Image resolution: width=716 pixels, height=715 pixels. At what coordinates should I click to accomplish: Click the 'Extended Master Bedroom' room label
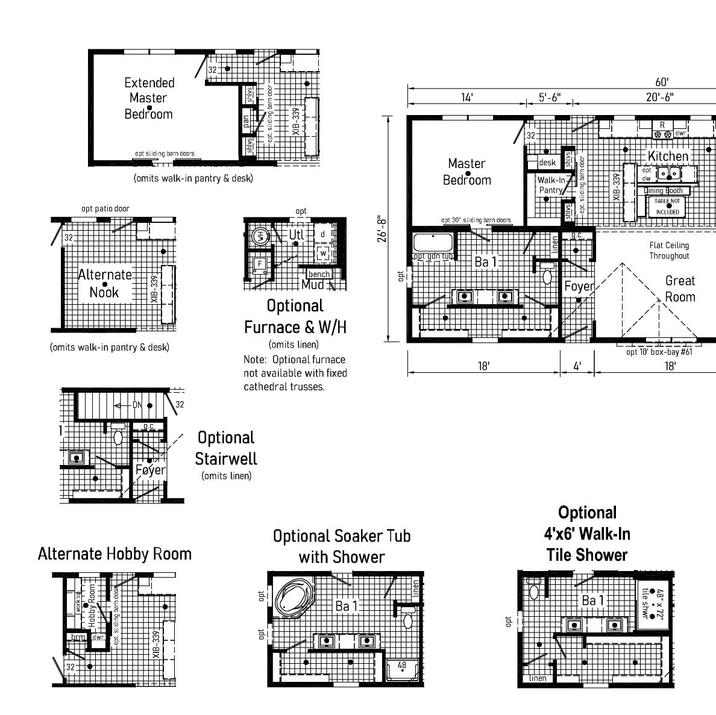[149, 98]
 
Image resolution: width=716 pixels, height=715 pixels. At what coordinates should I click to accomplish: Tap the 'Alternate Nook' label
[105, 284]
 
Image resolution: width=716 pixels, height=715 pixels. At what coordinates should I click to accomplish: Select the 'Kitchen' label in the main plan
[668, 157]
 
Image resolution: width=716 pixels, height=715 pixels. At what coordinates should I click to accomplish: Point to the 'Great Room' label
[680, 289]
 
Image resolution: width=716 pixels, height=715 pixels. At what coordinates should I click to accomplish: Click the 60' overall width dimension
[662, 83]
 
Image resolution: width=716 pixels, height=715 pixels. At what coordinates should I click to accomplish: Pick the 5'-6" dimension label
[550, 98]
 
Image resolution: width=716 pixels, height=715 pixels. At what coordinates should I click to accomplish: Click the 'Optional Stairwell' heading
[226, 448]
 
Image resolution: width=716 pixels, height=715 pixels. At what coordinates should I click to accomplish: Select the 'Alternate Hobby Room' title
[115, 554]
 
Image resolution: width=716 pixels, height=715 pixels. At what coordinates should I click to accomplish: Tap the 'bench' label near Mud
[319, 275]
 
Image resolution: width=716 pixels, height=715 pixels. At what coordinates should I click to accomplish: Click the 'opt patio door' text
[105, 209]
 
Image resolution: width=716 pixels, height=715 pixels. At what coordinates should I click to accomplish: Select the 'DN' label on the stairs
[137, 405]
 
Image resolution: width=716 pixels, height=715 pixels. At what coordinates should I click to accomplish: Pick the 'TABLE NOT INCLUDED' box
[668, 206]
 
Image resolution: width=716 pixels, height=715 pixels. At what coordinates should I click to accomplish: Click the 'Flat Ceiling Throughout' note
[669, 251]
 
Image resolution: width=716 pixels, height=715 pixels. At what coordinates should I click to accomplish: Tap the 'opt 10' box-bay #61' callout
[659, 352]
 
